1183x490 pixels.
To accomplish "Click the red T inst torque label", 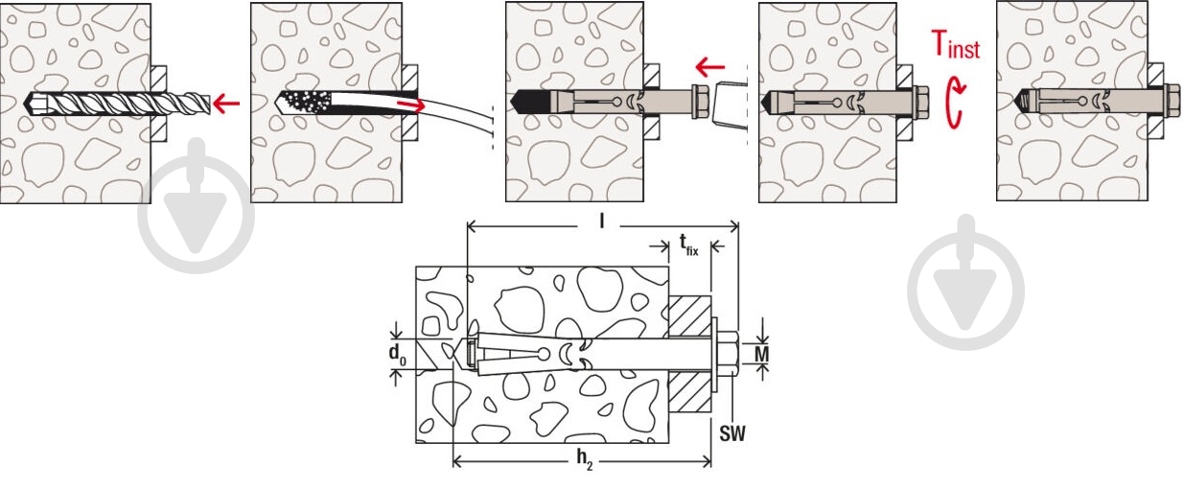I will coord(956,44).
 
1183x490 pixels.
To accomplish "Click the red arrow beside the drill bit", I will coord(226,101).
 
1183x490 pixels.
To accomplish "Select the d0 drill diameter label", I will coord(397,354).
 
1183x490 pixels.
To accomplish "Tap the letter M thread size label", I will coord(761,355).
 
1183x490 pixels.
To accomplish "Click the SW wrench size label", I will coord(732,433).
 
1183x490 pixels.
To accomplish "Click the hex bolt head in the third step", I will coord(699,101).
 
